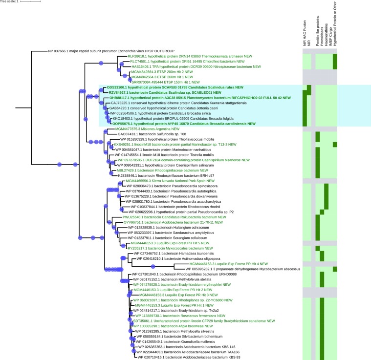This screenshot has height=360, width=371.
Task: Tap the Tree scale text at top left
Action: click(10, 2)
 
